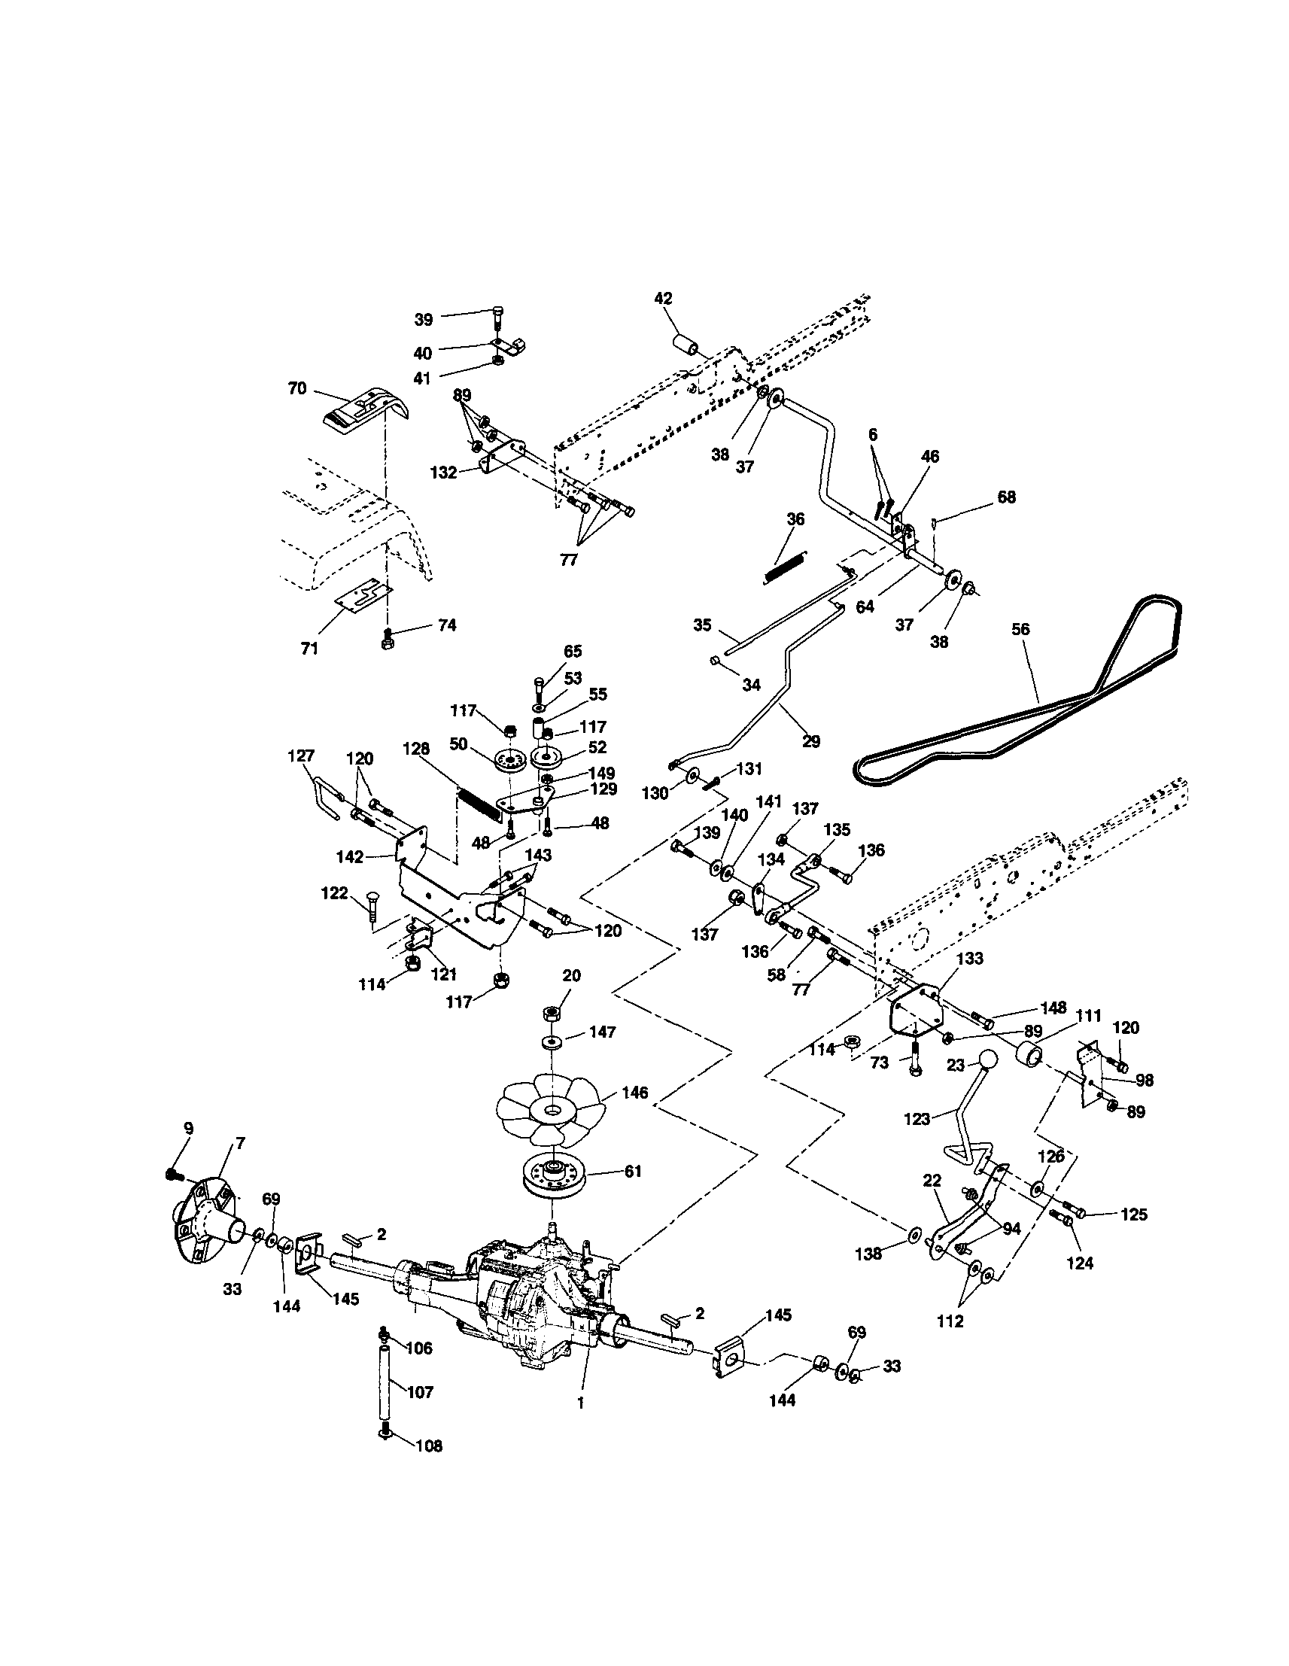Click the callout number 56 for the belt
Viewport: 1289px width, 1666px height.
pos(1020,629)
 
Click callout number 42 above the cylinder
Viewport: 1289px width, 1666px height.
pos(663,298)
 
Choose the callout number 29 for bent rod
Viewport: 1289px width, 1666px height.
pos(810,740)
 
